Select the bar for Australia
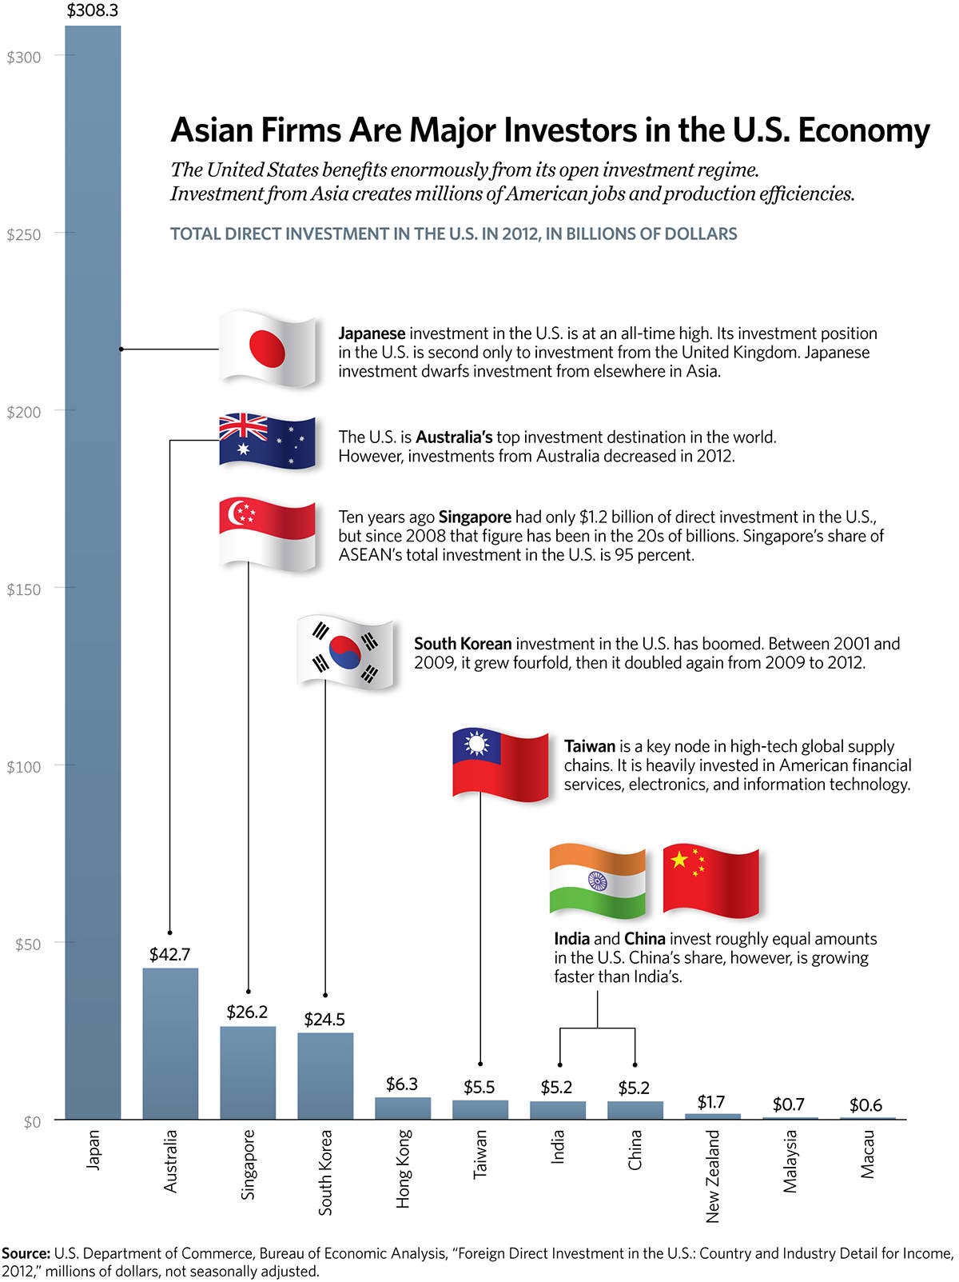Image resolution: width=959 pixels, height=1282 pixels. click(170, 1044)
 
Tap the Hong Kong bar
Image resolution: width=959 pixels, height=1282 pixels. click(403, 1108)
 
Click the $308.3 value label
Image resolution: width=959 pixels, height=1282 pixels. click(93, 11)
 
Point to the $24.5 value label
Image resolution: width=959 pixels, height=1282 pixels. click(324, 1019)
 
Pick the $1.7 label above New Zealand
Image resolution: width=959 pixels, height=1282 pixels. click(711, 1102)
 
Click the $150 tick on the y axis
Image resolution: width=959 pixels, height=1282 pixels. click(23, 589)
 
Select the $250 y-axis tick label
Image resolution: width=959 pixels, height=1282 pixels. click(23, 234)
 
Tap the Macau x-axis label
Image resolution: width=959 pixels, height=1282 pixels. click(868, 1154)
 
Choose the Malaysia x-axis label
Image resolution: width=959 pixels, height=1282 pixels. click(790, 1160)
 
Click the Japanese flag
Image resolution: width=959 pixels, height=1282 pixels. click(268, 349)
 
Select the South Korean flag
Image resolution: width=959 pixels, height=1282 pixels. click(345, 653)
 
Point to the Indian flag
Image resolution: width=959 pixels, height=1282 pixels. click(598, 881)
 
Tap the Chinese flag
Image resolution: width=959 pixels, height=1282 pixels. click(710, 880)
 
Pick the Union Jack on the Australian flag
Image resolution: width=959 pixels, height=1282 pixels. click(244, 427)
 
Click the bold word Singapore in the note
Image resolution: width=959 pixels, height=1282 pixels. click(475, 517)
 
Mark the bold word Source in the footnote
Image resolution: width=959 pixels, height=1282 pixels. click(26, 1253)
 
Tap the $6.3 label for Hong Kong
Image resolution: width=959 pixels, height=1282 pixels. click(402, 1084)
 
